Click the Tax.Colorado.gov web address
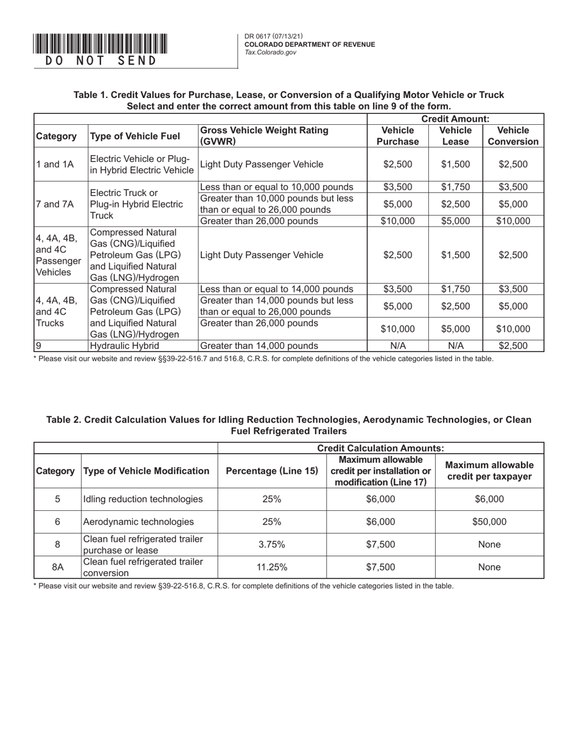coord(270,53)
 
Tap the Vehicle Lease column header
coord(455,136)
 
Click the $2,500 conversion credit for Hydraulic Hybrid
coord(513,346)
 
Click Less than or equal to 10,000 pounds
coord(277,187)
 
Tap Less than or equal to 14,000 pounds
coord(277,289)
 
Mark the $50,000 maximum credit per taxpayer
coord(489,521)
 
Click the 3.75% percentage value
coord(272,544)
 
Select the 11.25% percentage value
coord(272,567)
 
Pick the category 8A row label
coord(58,567)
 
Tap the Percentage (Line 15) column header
coord(272,471)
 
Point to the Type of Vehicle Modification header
coord(146,471)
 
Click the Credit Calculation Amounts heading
coord(381,448)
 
